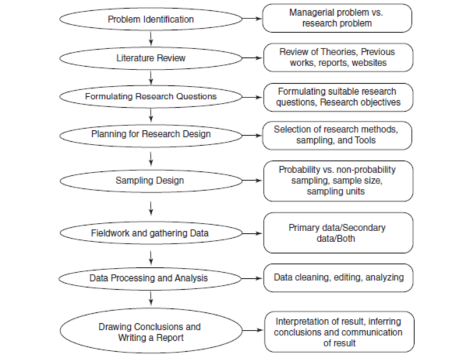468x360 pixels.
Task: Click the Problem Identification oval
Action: point(151,19)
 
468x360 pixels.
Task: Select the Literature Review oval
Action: point(151,58)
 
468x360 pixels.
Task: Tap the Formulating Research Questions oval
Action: point(151,96)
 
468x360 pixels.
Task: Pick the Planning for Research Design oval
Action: point(151,134)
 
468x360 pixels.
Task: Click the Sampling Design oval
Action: point(151,181)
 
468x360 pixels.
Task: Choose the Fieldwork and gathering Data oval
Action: point(151,232)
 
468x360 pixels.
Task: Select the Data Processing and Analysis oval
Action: point(151,277)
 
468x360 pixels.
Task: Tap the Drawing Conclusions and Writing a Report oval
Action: point(151,331)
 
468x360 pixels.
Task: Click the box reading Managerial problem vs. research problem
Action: point(337,18)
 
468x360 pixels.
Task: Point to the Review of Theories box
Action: point(337,57)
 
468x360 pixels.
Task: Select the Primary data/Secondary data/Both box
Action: point(337,232)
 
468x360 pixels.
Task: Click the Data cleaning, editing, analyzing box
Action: point(337,277)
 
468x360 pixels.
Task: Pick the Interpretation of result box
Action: point(337,331)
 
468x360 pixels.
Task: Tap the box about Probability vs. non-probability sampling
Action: point(337,181)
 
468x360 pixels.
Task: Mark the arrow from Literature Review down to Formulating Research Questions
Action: point(151,77)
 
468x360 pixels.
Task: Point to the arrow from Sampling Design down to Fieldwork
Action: point(151,207)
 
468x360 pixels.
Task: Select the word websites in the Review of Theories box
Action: point(369,63)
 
